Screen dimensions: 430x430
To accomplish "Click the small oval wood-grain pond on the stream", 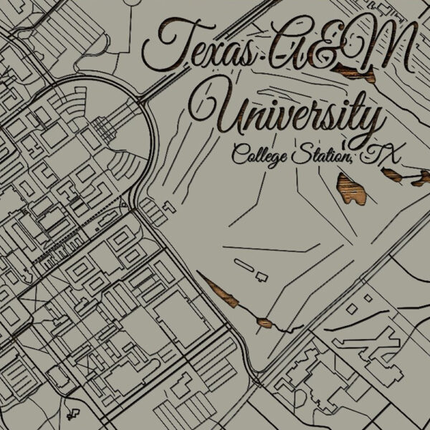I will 265,322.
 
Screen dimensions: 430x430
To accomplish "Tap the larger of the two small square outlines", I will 351,307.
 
